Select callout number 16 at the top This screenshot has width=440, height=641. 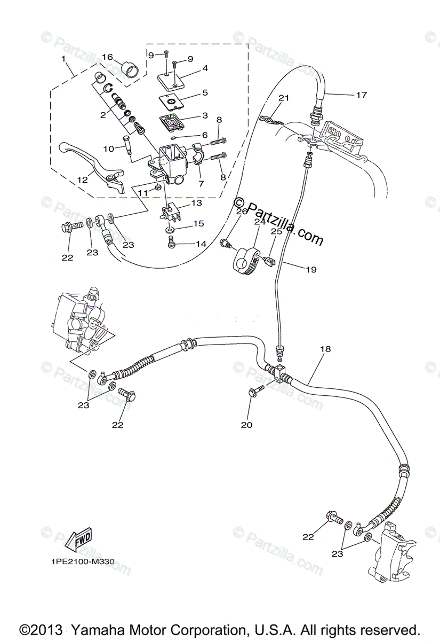(x=107, y=57)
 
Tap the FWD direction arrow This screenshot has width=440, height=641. (x=78, y=540)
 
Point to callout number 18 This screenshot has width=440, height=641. (x=325, y=349)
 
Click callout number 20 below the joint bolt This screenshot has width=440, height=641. (x=246, y=425)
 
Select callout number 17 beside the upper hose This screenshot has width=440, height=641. (x=362, y=95)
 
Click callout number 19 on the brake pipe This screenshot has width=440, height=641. (x=311, y=270)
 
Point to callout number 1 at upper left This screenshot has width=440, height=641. (x=63, y=58)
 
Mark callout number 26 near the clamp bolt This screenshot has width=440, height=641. (x=242, y=211)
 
